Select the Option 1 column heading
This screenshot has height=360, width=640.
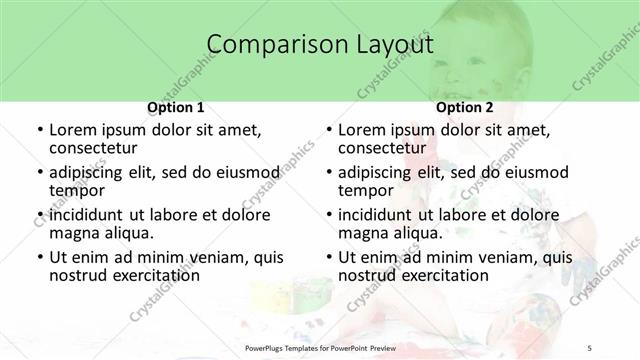coord(176,107)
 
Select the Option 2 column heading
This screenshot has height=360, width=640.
coord(465,107)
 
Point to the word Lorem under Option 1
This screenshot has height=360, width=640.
coord(74,130)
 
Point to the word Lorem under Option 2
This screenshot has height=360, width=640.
coord(363,130)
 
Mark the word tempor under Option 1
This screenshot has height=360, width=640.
coord(75,191)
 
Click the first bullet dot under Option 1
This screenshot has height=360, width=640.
coord(39,131)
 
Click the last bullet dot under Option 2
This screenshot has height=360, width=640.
coord(328,257)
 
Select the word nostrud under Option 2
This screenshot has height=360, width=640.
coord(366,275)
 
